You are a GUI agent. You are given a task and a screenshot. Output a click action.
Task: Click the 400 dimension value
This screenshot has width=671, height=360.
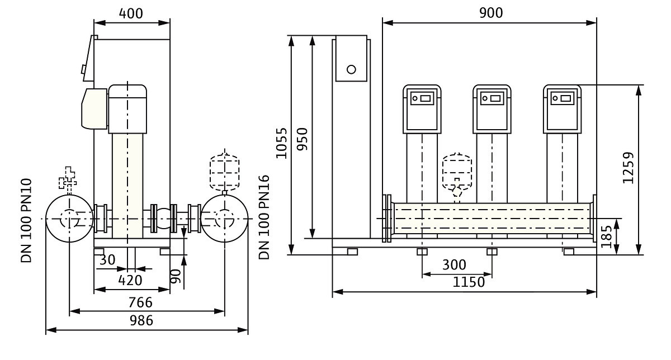pos(131,13)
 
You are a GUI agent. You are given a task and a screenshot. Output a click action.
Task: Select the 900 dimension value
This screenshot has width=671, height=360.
pos(491,13)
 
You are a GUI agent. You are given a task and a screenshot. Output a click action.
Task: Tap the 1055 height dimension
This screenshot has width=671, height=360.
pos(282,143)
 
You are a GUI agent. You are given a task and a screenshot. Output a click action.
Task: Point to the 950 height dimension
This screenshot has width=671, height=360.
pos(302,138)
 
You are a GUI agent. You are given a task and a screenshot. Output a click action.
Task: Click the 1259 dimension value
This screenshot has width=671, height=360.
pos(629,168)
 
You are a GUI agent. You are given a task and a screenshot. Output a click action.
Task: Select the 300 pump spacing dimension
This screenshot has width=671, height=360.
pos(454,264)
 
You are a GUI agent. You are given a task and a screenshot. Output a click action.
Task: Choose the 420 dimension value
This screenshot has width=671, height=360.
pos(130,280)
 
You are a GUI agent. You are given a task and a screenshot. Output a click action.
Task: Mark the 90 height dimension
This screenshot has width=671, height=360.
pos(177,274)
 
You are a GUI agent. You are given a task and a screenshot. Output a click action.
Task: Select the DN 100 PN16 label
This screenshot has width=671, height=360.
pos(264,217)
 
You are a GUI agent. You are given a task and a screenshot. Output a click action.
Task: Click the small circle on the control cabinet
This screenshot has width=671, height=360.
pos(351,70)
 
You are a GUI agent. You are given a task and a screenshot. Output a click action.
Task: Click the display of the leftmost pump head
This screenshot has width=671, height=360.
pos(423,99)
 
